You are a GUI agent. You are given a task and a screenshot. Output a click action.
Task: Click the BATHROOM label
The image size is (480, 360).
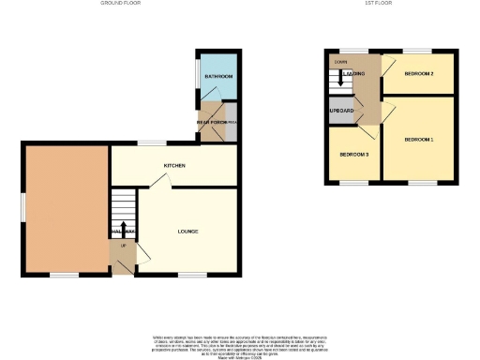pos(221,76)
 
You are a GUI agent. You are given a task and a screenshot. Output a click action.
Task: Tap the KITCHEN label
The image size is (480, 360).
pos(174,166)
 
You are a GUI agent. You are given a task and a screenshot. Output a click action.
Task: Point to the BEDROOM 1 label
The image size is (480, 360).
pos(419,140)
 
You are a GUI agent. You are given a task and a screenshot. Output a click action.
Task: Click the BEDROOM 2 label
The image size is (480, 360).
pos(418,73)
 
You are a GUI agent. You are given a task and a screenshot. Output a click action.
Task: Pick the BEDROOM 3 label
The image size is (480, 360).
pos(353,154)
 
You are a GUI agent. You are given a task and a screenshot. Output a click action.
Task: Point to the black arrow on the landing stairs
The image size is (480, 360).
pos(340,75)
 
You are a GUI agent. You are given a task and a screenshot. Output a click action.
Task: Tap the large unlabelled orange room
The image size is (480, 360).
pos(66,210)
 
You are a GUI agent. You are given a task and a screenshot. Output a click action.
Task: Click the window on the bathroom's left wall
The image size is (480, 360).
pos(197,75)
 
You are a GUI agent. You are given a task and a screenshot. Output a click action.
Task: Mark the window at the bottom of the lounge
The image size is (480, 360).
pos(191,275)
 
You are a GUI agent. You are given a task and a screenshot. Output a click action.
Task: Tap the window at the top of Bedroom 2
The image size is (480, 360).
pos(417,50)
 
